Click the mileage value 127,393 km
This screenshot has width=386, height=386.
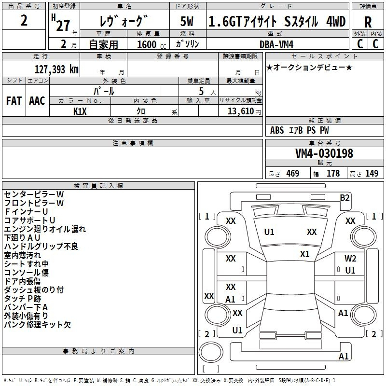[x=56, y=69]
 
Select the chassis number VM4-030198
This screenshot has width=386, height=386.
[x=324, y=153]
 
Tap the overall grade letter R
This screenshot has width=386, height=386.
[x=368, y=22]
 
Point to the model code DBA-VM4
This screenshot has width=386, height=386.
[x=276, y=44]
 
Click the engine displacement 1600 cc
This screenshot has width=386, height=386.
[x=152, y=44]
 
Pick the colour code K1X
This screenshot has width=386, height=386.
[x=80, y=111]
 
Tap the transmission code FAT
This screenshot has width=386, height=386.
[x=14, y=101]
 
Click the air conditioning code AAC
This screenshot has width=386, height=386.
[x=37, y=101]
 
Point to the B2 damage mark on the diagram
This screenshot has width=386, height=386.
[x=345, y=198]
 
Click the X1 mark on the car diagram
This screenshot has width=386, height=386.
[x=305, y=254]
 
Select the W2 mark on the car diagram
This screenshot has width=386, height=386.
[x=350, y=259]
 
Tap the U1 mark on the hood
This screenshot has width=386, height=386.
[x=269, y=232]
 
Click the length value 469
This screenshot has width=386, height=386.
[x=293, y=173]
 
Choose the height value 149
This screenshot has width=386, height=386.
[x=372, y=173]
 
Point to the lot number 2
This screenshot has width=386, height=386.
[x=24, y=20]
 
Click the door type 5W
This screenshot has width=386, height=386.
[x=187, y=21]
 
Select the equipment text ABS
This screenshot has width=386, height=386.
[x=277, y=130]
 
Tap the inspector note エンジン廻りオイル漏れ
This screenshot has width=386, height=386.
[x=45, y=229]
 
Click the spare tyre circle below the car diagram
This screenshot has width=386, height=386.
[x=211, y=352]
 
